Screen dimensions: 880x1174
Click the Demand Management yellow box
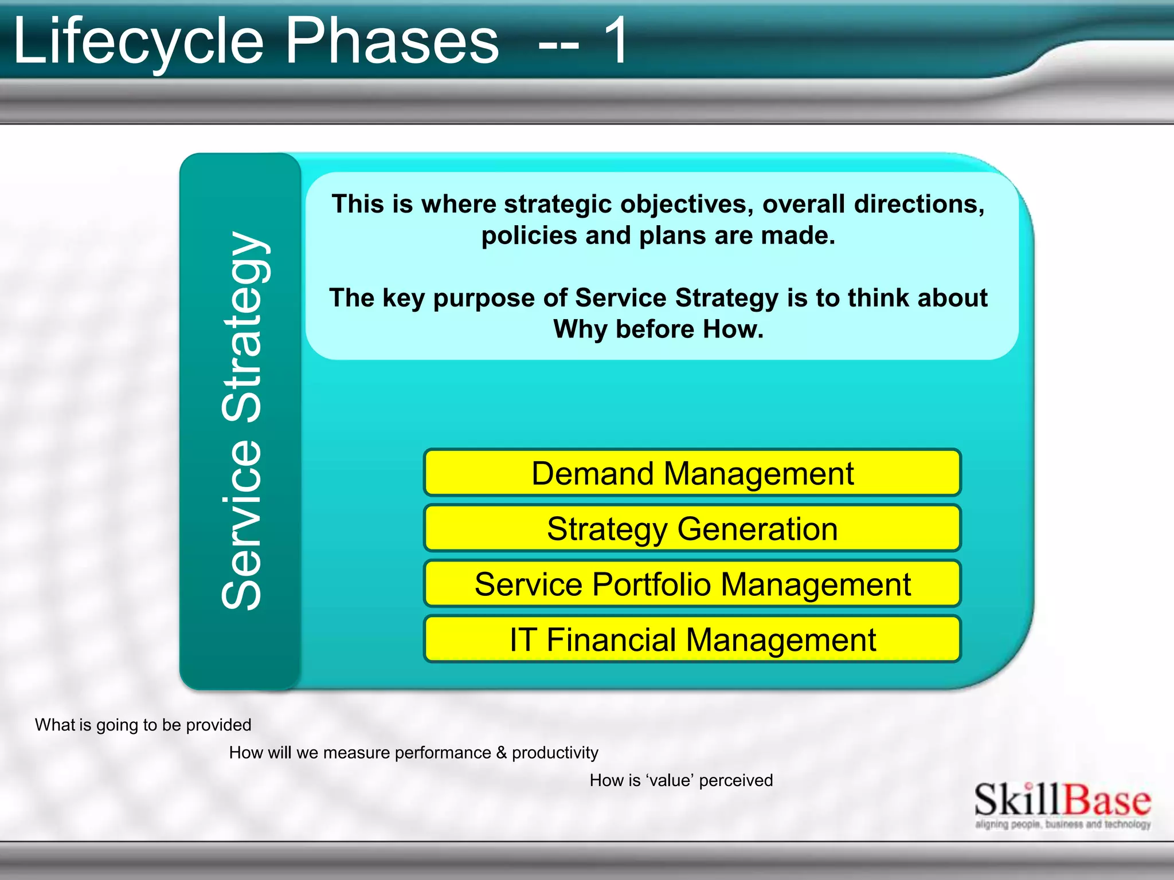click(692, 473)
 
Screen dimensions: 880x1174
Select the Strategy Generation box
click(692, 528)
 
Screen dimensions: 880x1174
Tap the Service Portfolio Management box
click(692, 584)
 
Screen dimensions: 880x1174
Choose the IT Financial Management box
click(692, 639)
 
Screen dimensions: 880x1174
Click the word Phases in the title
click(392, 41)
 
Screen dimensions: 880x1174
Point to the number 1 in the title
click(615, 41)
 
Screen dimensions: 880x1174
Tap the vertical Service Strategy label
click(241, 421)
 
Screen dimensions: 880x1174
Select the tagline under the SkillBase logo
click(1062, 824)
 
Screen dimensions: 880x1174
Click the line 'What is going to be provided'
click(143, 725)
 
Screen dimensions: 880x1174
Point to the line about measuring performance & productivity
click(413, 752)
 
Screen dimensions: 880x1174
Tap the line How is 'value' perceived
click(681, 780)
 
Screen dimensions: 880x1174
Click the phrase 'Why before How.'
click(658, 329)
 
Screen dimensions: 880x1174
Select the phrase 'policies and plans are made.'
click(658, 235)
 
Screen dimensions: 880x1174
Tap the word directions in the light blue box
click(919, 205)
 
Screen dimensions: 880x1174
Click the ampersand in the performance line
click(502, 752)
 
